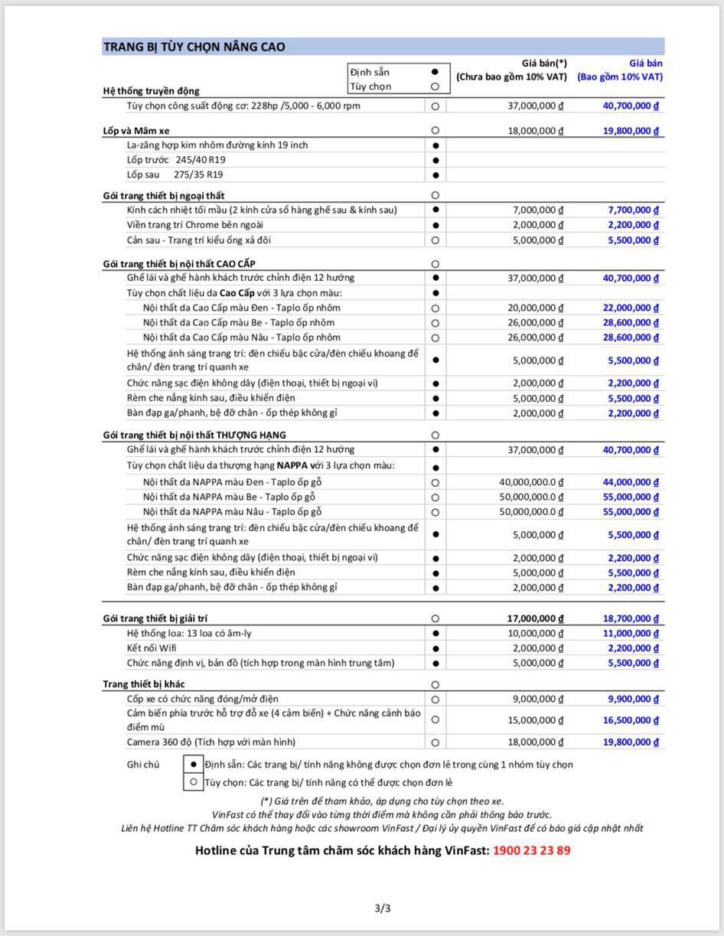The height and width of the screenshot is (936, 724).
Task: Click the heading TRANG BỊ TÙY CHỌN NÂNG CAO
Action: point(194,47)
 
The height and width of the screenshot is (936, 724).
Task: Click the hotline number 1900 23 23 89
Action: point(531,850)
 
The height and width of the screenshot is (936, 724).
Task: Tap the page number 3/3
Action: point(383,909)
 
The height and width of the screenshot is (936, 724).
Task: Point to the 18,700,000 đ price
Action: point(631,618)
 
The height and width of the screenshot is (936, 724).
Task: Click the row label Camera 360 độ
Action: point(211,742)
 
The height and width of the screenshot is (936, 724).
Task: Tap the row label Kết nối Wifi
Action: point(152,648)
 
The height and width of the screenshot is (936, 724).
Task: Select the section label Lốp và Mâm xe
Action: point(136,131)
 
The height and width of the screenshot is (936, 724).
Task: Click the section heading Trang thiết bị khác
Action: point(144,684)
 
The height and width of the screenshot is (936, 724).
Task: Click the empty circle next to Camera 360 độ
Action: point(435,742)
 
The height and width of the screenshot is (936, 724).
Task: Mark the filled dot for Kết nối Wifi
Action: point(435,648)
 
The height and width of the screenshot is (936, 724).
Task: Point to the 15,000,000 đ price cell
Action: point(533,720)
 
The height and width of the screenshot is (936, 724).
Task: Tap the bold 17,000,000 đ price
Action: point(533,618)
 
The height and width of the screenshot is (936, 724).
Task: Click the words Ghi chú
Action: point(143,764)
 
